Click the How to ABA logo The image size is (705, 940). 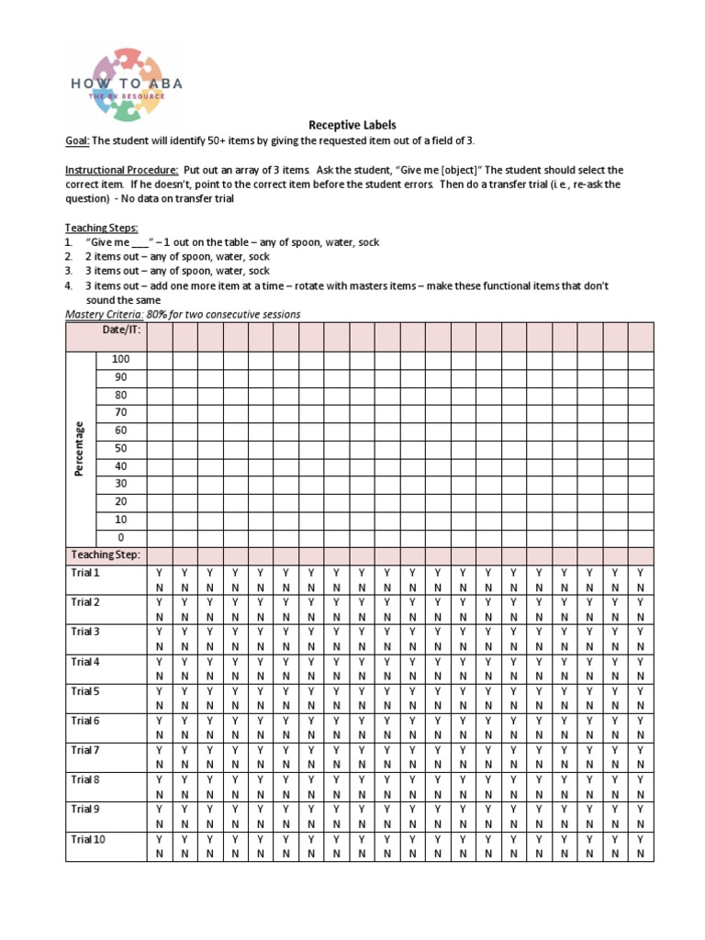click(x=128, y=83)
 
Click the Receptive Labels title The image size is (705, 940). click(x=352, y=125)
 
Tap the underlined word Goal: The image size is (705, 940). click(x=76, y=140)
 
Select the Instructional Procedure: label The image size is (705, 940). click(x=121, y=170)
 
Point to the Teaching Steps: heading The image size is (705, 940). click(x=100, y=228)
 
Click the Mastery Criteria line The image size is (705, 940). click(x=182, y=314)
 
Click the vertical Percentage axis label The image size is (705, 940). click(x=80, y=448)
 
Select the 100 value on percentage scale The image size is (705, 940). click(x=120, y=359)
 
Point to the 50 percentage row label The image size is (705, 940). click(x=120, y=448)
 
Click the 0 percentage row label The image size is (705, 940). click(x=120, y=537)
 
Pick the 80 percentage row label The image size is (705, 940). click(x=120, y=395)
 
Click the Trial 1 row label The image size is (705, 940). click(x=85, y=572)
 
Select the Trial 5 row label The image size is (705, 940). click(x=85, y=690)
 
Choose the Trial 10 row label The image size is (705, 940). click(x=88, y=839)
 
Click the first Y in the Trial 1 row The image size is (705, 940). click(x=159, y=572)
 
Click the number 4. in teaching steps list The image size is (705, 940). click(x=69, y=285)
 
